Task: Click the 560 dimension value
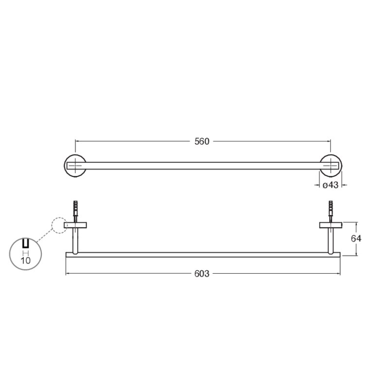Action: click(202, 141)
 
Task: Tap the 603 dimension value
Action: click(202, 274)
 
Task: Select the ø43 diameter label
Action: click(331, 185)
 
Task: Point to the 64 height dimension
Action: click(356, 239)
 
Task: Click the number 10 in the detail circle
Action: click(26, 261)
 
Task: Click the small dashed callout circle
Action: click(52, 225)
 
